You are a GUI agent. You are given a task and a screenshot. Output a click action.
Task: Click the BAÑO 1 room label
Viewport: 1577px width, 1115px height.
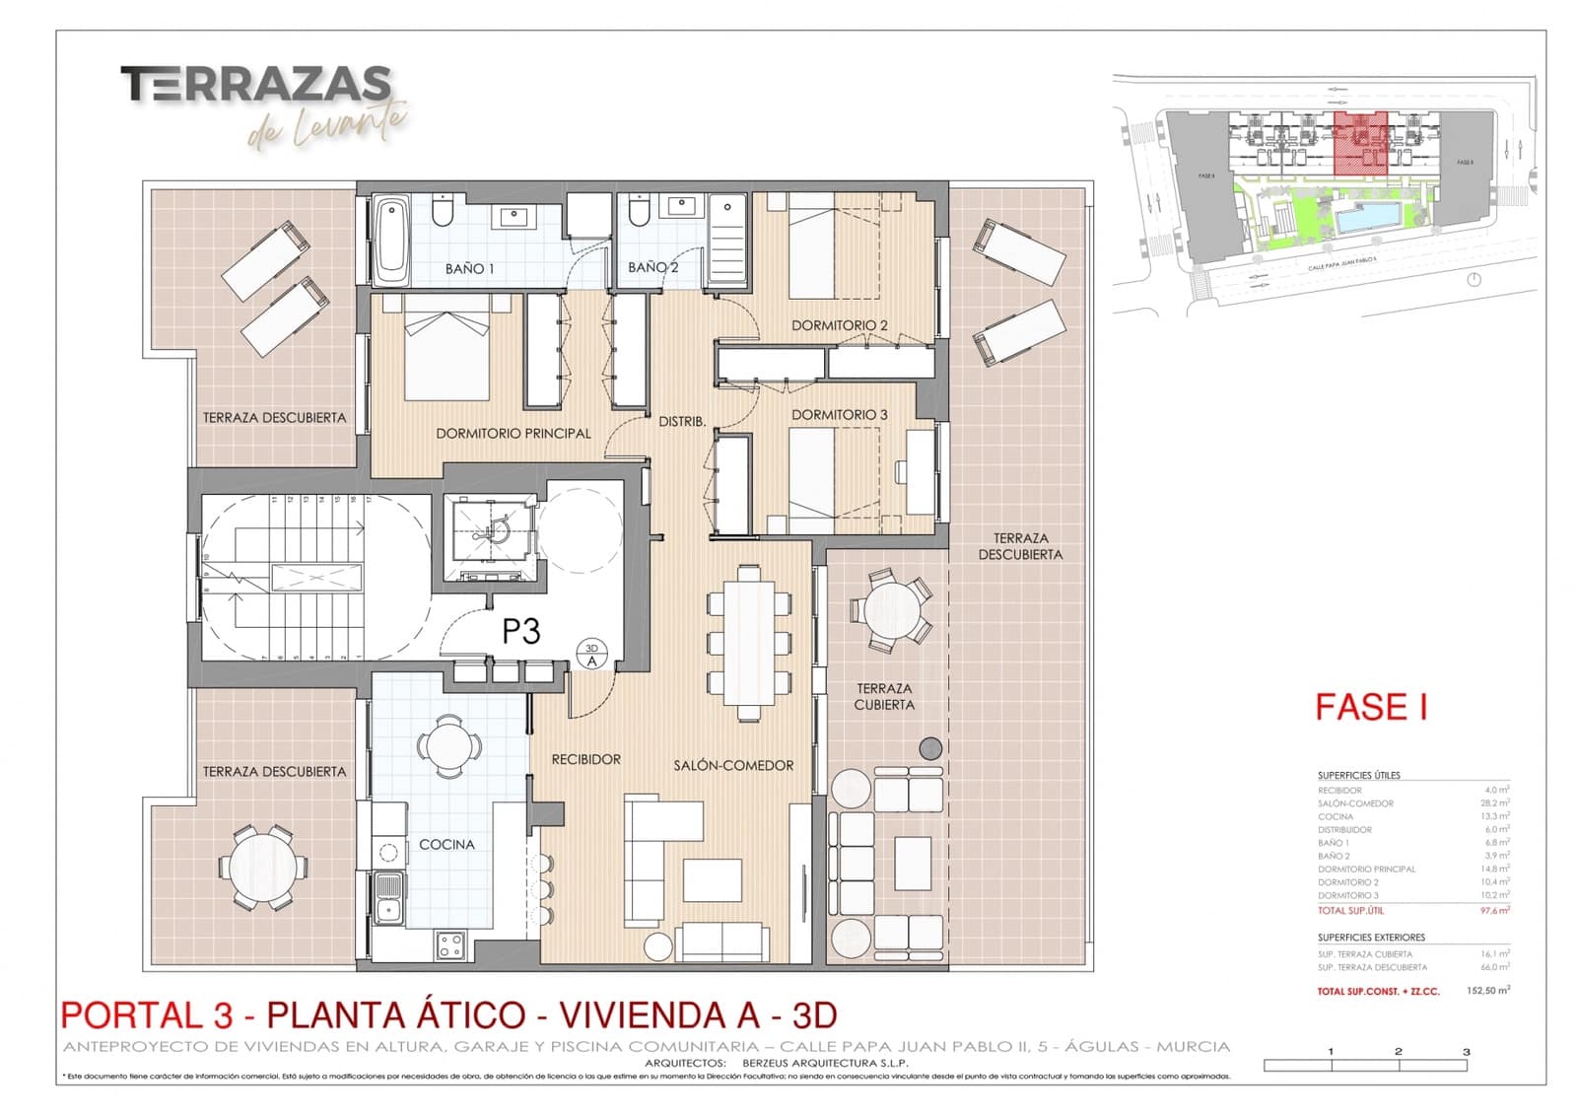pyautogui.click(x=469, y=268)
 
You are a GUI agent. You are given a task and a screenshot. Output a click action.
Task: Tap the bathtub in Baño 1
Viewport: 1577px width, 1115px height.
pyautogui.click(x=391, y=240)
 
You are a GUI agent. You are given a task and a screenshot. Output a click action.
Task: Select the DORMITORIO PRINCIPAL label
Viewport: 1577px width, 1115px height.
pyautogui.click(x=514, y=433)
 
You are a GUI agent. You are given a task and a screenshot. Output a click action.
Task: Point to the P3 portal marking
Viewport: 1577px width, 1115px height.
pyautogui.click(x=520, y=631)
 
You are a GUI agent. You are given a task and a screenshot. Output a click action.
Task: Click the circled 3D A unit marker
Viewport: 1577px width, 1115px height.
pyautogui.click(x=592, y=655)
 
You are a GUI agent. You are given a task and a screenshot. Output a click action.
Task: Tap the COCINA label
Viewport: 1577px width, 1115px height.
pyautogui.click(x=446, y=844)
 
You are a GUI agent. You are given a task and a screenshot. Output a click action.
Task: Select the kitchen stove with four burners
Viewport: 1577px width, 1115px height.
pyautogui.click(x=450, y=946)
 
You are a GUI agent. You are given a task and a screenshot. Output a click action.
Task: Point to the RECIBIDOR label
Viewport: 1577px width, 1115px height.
pyautogui.click(x=585, y=759)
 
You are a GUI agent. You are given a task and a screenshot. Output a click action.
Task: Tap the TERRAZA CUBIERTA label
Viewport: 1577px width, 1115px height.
pyautogui.click(x=884, y=696)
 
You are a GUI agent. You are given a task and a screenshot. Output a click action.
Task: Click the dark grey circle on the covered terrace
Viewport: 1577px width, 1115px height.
pyautogui.click(x=930, y=748)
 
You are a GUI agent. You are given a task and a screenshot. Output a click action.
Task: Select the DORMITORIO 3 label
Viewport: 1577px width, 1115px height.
pyautogui.click(x=839, y=414)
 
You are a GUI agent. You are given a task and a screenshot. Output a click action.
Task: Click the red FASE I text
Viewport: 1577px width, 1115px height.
pyautogui.click(x=1371, y=707)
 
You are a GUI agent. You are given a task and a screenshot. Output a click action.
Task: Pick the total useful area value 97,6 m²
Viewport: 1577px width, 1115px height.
pyautogui.click(x=1494, y=910)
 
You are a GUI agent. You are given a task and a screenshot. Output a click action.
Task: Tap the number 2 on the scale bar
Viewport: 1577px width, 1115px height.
pyautogui.click(x=1398, y=1051)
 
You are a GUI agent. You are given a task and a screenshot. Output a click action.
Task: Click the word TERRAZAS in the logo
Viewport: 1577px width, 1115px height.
pyautogui.click(x=256, y=85)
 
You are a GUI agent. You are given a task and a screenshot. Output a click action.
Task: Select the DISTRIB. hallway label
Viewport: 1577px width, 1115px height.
pyautogui.click(x=682, y=421)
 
